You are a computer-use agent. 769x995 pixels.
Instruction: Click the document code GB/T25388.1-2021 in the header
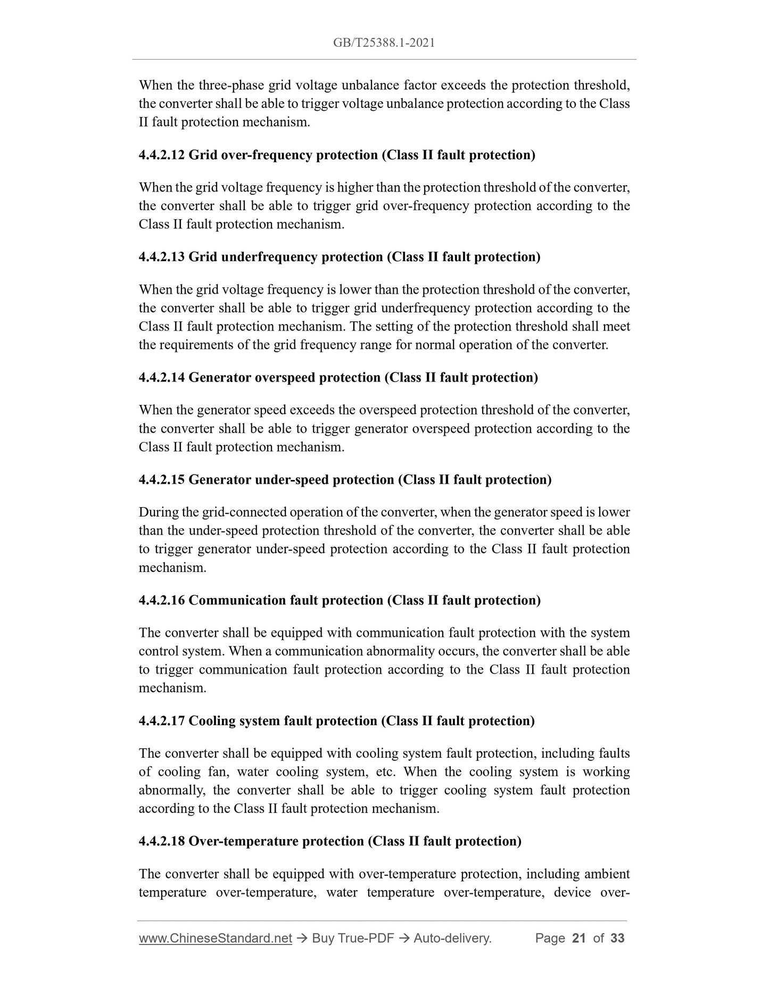tap(384, 43)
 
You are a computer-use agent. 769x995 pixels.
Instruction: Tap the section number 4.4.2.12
tap(161, 155)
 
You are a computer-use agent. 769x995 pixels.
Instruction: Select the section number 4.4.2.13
tap(161, 258)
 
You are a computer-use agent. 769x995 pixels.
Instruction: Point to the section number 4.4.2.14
tap(161, 378)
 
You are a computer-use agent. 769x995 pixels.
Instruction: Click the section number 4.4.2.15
tap(161, 480)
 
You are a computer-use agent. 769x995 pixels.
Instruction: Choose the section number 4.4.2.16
tap(161, 601)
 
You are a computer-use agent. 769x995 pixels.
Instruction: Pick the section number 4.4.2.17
tap(161, 721)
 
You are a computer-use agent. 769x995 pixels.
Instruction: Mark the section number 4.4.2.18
tap(161, 841)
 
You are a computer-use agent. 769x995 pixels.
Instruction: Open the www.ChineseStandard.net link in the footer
tap(215, 938)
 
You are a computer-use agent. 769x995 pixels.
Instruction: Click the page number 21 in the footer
tap(578, 938)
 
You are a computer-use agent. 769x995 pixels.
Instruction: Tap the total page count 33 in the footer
tap(617, 938)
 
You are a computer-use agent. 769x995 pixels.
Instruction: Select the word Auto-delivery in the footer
tap(452, 938)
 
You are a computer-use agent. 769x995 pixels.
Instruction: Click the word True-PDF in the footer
tap(367, 938)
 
